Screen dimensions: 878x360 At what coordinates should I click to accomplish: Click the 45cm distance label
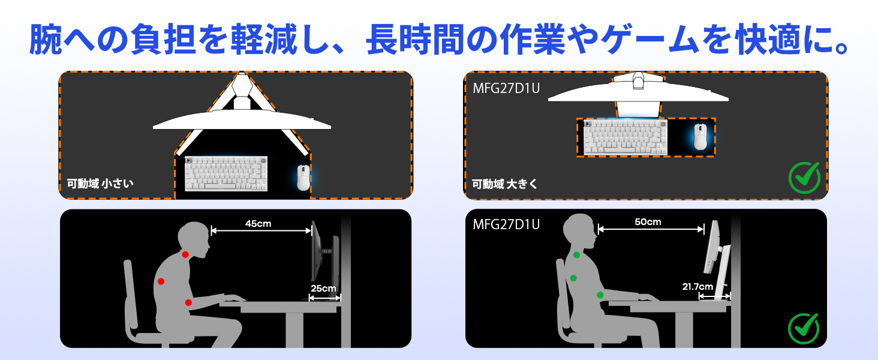[x=258, y=224]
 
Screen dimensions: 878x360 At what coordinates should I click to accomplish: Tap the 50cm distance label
[x=648, y=222]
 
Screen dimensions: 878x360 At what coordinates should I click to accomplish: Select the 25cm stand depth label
[x=323, y=288]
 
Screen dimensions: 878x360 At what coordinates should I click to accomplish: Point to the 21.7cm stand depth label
[x=697, y=287]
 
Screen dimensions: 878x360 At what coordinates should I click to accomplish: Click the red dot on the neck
[x=185, y=254]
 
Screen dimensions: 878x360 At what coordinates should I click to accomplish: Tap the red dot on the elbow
[x=188, y=303]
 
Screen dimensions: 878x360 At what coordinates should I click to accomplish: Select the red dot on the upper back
[x=161, y=281]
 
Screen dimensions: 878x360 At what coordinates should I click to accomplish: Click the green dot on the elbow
[x=600, y=295]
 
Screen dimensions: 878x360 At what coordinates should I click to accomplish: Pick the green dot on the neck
[x=576, y=255]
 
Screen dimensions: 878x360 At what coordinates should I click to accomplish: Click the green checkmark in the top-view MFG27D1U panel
[x=804, y=178]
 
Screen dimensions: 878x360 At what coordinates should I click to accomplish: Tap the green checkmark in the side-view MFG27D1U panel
[x=804, y=329]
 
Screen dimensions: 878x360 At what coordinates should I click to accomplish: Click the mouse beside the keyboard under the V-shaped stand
[x=303, y=178]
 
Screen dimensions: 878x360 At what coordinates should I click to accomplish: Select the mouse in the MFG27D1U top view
[x=700, y=137]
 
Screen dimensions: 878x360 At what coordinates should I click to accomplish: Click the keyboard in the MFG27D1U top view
[x=626, y=137]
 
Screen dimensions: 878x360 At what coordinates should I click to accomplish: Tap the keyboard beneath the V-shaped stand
[x=226, y=174]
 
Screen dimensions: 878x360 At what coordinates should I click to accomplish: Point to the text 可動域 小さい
[x=100, y=184]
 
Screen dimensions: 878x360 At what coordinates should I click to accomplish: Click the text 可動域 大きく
[x=505, y=184]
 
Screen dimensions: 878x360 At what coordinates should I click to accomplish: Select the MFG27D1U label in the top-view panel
[x=506, y=88]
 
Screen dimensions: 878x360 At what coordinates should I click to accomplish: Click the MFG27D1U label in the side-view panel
[x=506, y=224]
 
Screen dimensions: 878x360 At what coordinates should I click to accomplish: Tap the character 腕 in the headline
[x=46, y=39]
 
